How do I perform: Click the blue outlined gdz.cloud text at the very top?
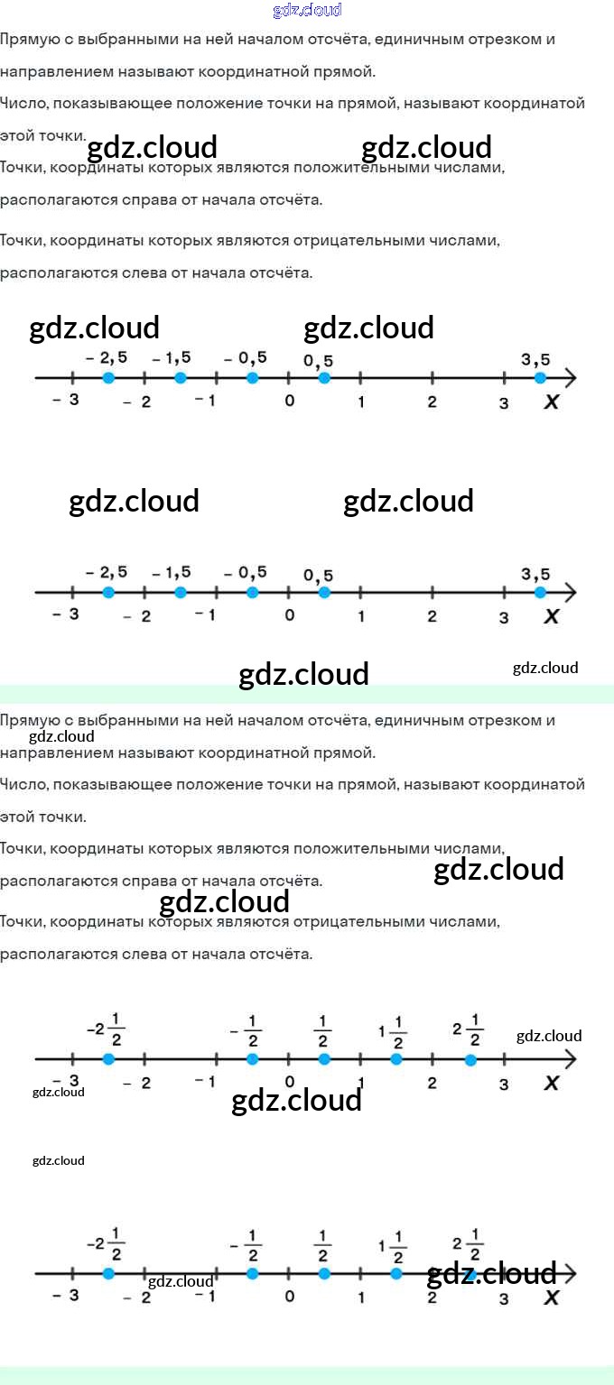307,11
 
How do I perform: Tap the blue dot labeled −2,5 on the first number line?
108,377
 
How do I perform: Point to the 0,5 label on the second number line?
318,576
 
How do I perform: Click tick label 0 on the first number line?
289,400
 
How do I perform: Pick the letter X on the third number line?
551,1083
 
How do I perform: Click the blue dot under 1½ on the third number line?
396,1058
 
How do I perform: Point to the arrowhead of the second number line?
569,593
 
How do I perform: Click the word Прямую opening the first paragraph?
27,40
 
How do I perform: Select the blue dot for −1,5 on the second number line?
181,593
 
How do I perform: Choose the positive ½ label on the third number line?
323,1031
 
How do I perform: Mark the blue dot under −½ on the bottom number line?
253,1273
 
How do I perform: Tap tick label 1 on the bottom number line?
361,1297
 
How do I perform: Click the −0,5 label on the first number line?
246,358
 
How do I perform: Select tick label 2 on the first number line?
432,402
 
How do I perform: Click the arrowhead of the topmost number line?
569,377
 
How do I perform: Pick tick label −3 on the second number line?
65,614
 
